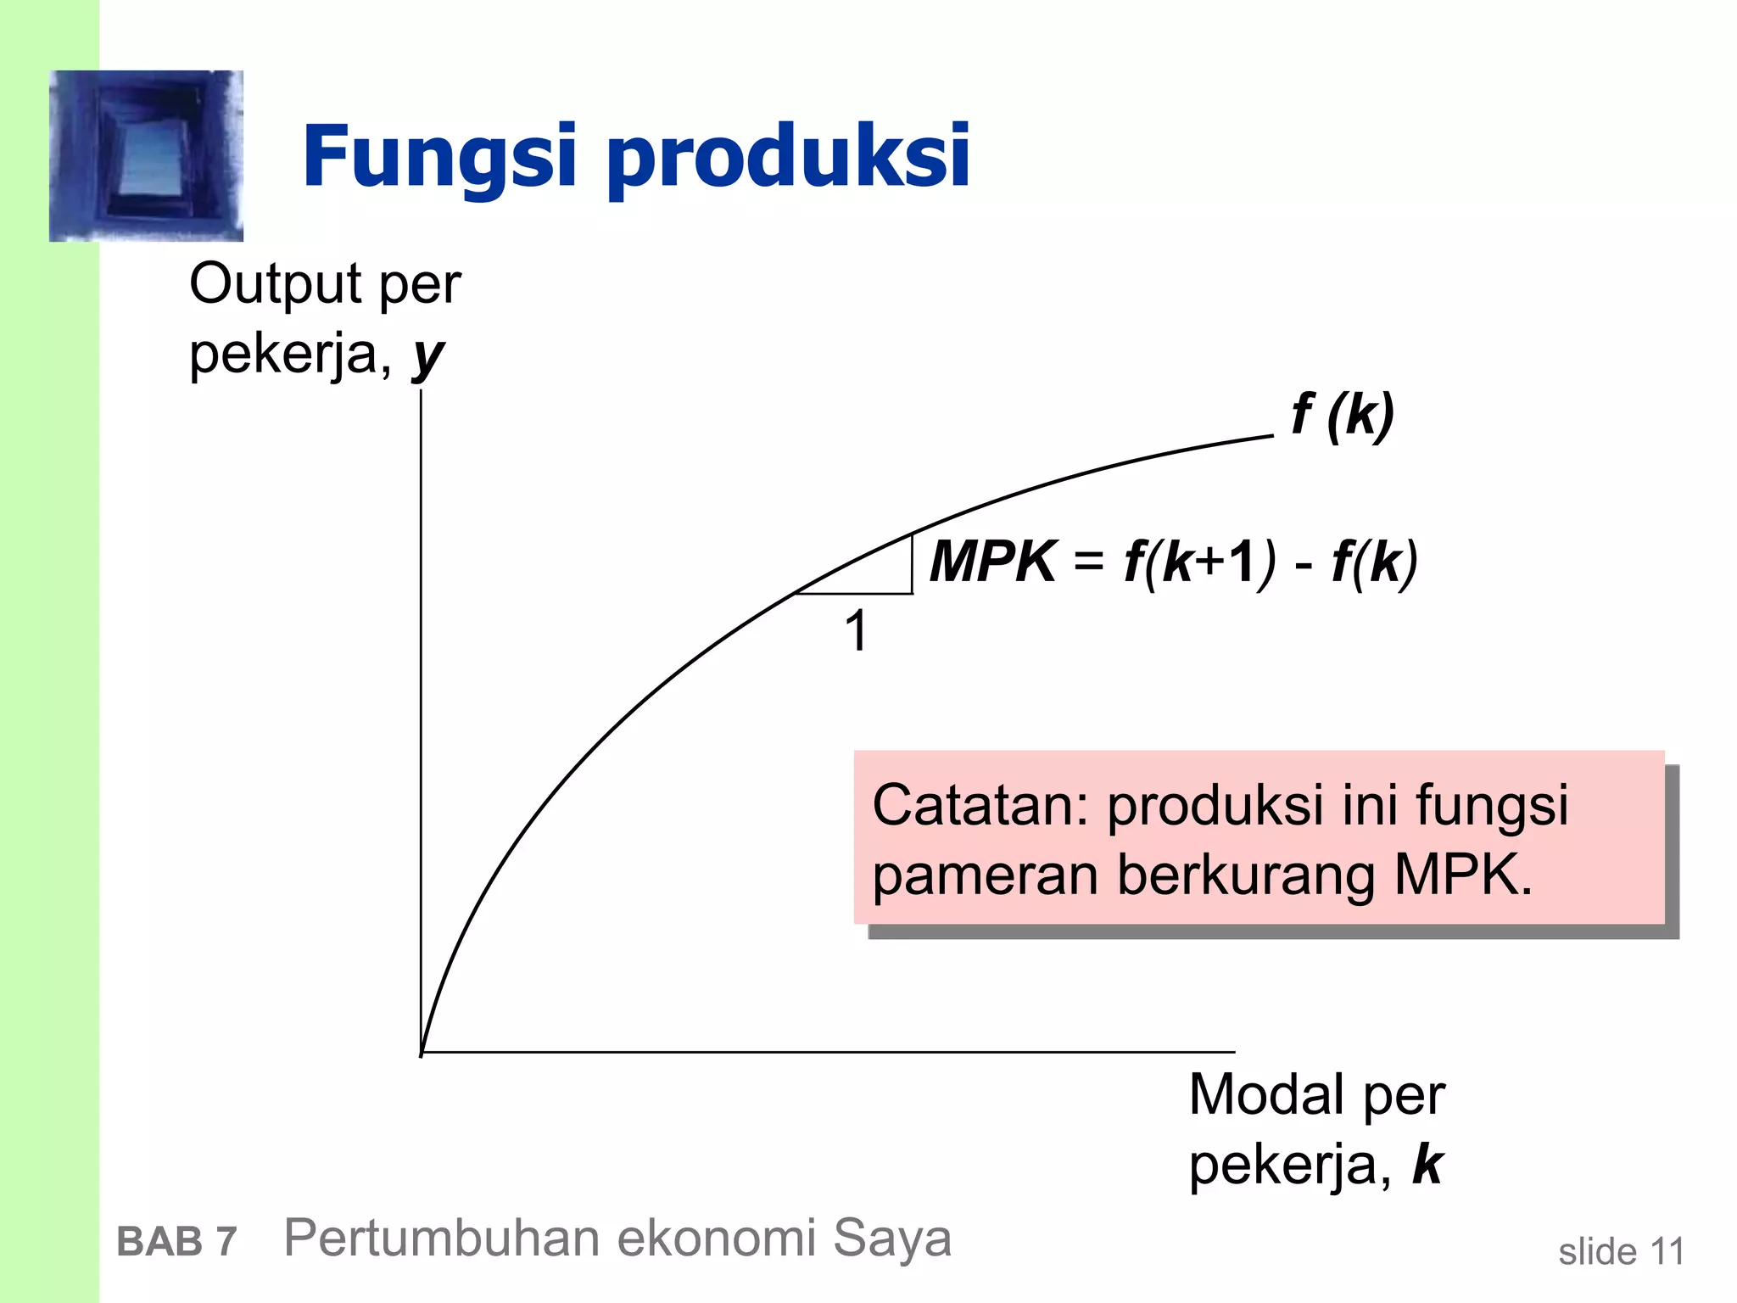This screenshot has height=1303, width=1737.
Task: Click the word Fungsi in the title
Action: (x=439, y=158)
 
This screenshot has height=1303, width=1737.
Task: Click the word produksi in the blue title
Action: (x=789, y=158)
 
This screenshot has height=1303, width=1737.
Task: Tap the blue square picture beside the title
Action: (x=147, y=156)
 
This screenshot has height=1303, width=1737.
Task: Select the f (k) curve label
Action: (x=1343, y=415)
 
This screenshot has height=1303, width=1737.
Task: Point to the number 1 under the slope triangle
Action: (x=857, y=631)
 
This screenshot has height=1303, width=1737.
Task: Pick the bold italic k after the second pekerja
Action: (x=1428, y=1165)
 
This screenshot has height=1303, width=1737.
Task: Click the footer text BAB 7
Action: (x=176, y=1242)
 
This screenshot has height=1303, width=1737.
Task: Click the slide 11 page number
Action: (x=1621, y=1251)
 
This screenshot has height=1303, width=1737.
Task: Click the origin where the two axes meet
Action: (x=422, y=1052)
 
